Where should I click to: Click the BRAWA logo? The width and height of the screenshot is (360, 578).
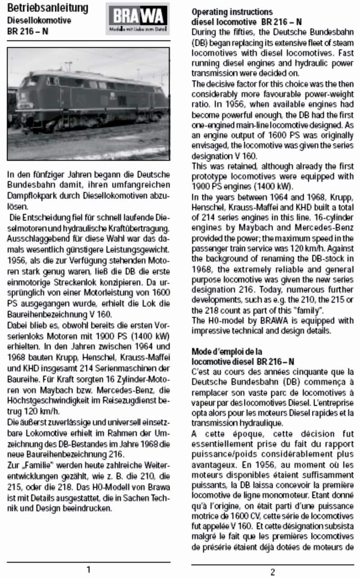(x=138, y=19)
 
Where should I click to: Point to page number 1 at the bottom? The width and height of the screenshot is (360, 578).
(x=89, y=569)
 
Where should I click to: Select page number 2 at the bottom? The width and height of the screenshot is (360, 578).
(x=273, y=572)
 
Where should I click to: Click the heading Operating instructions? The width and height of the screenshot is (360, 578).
(x=232, y=11)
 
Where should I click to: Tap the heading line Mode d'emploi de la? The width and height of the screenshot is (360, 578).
(x=227, y=351)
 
